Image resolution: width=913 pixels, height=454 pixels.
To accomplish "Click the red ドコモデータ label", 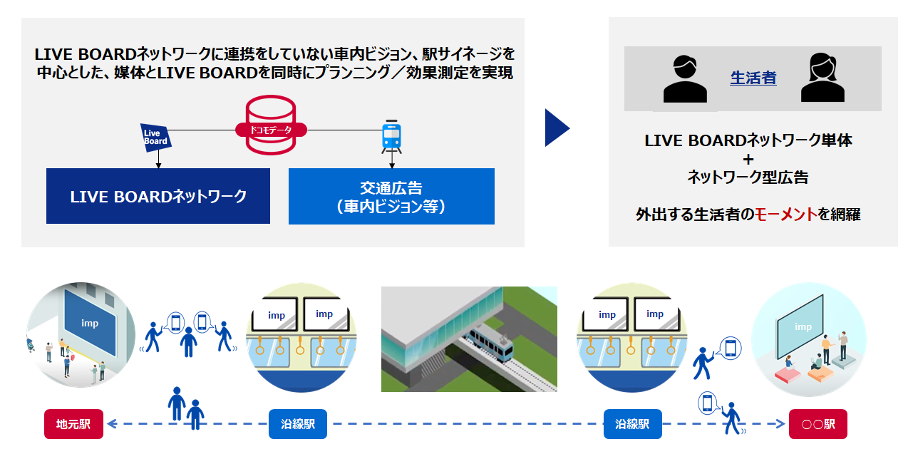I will coord(271,130).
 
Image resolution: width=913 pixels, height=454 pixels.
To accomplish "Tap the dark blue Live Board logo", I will coord(155,137).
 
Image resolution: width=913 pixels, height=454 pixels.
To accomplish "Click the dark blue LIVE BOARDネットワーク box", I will coord(158,196).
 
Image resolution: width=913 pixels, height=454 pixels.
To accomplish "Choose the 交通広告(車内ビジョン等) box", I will coord(391,197).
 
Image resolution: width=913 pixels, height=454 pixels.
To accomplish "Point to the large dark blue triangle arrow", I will coord(557,128).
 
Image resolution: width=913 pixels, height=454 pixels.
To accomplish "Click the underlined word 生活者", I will coord(753,78).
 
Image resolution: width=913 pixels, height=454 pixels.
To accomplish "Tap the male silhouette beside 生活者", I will coord(685,79).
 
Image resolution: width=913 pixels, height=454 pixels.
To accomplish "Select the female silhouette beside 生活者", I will coord(822,78).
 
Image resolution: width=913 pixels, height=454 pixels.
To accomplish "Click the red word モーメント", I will coord(786,214).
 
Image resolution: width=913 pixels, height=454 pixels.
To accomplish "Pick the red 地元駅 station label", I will coord(74,424).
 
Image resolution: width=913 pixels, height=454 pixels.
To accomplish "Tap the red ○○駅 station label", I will coord(817,424).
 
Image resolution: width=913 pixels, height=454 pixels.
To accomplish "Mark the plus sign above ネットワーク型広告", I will coord(748,158).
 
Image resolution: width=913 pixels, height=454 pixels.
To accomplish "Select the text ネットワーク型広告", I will coord(748,177).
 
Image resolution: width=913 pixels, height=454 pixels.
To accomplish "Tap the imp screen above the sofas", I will coord(803,327).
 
